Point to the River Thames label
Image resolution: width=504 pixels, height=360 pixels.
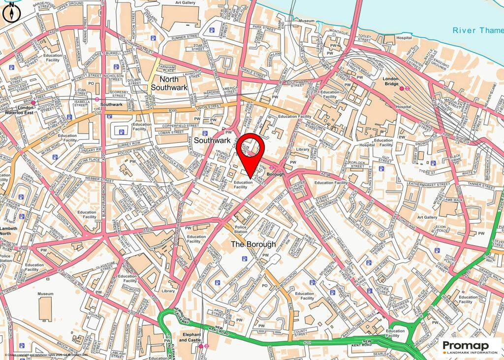(x=477, y=31)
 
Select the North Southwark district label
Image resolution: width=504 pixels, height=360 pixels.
(x=169, y=83)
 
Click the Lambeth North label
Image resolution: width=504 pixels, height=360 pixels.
(x=8, y=232)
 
